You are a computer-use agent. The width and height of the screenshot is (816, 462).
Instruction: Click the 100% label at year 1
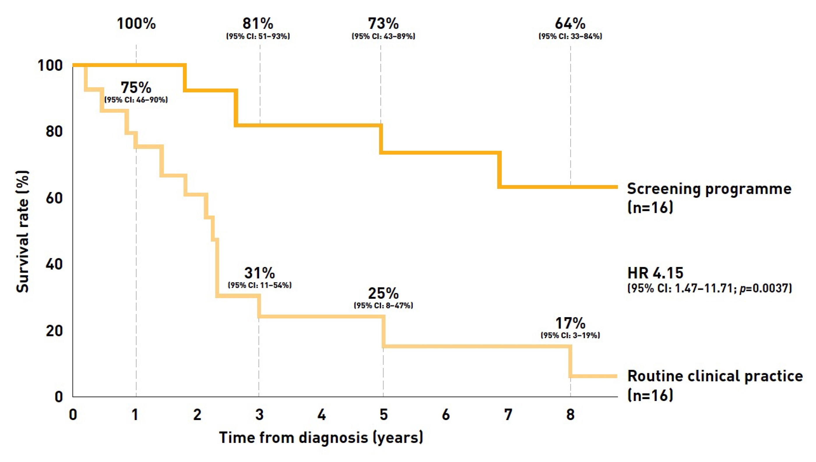point(136,24)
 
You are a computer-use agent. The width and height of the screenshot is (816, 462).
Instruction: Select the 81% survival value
point(258,24)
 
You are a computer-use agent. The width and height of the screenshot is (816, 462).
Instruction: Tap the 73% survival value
point(383,24)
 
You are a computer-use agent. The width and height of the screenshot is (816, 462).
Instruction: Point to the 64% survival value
point(570,24)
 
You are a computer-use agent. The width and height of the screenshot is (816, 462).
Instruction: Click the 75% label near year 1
point(136,87)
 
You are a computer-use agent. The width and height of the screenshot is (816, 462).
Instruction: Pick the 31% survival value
point(260,273)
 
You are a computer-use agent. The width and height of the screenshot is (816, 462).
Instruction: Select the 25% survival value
point(383,294)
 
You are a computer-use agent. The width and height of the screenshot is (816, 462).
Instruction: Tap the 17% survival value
point(570,323)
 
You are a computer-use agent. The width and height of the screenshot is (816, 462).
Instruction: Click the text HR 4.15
point(655,273)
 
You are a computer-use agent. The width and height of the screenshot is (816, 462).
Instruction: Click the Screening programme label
point(709,189)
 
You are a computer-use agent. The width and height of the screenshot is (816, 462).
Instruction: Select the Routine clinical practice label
point(715,376)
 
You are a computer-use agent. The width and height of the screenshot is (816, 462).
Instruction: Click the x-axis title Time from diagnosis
point(321,438)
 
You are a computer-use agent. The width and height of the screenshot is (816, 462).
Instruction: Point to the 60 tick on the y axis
point(54,198)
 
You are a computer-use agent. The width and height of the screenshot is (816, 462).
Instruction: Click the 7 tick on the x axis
point(508,414)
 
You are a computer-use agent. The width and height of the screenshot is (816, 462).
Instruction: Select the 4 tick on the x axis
point(321,414)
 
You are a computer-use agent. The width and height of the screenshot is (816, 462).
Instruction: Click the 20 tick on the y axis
point(54,331)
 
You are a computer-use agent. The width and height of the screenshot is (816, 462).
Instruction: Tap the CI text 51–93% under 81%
point(258,36)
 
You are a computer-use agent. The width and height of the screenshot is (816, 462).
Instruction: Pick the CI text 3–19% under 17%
point(570,335)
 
